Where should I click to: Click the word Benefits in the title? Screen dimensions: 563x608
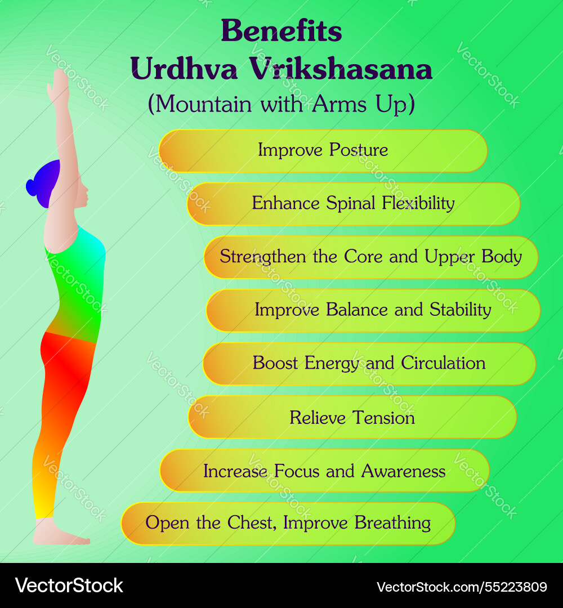(281, 30)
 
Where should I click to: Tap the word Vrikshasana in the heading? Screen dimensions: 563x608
(341, 69)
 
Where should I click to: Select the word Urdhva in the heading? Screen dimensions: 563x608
(184, 69)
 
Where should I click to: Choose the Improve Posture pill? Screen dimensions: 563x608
(323, 151)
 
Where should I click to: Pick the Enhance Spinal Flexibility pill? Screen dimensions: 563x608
(353, 204)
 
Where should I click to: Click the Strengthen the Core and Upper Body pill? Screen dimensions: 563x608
(370, 257)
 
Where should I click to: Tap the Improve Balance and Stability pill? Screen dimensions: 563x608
(373, 310)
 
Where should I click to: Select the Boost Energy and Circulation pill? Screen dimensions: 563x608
(369, 364)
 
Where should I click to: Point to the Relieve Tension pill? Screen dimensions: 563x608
(352, 417)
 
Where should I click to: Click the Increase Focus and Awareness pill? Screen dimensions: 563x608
(324, 471)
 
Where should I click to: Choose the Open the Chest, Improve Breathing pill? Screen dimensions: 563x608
(288, 524)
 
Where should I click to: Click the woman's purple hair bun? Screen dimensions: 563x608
(32, 187)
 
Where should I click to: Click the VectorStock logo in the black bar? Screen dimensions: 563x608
(69, 585)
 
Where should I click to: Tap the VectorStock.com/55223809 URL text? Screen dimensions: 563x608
(462, 587)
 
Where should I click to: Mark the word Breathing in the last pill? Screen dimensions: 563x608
(392, 524)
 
